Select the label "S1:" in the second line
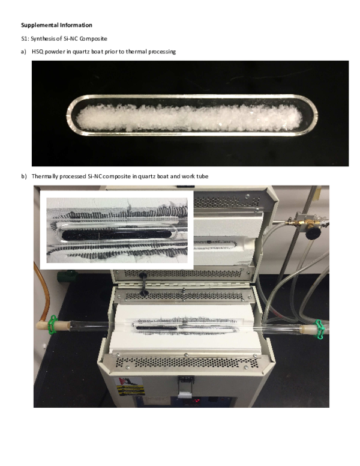pyautogui.click(x=25, y=38)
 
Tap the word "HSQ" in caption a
pyautogui.click(x=38, y=52)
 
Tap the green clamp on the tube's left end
pyautogui.click(x=52, y=324)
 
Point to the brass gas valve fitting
pyautogui.click(x=296, y=222)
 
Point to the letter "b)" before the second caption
pyautogui.click(x=24, y=176)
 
